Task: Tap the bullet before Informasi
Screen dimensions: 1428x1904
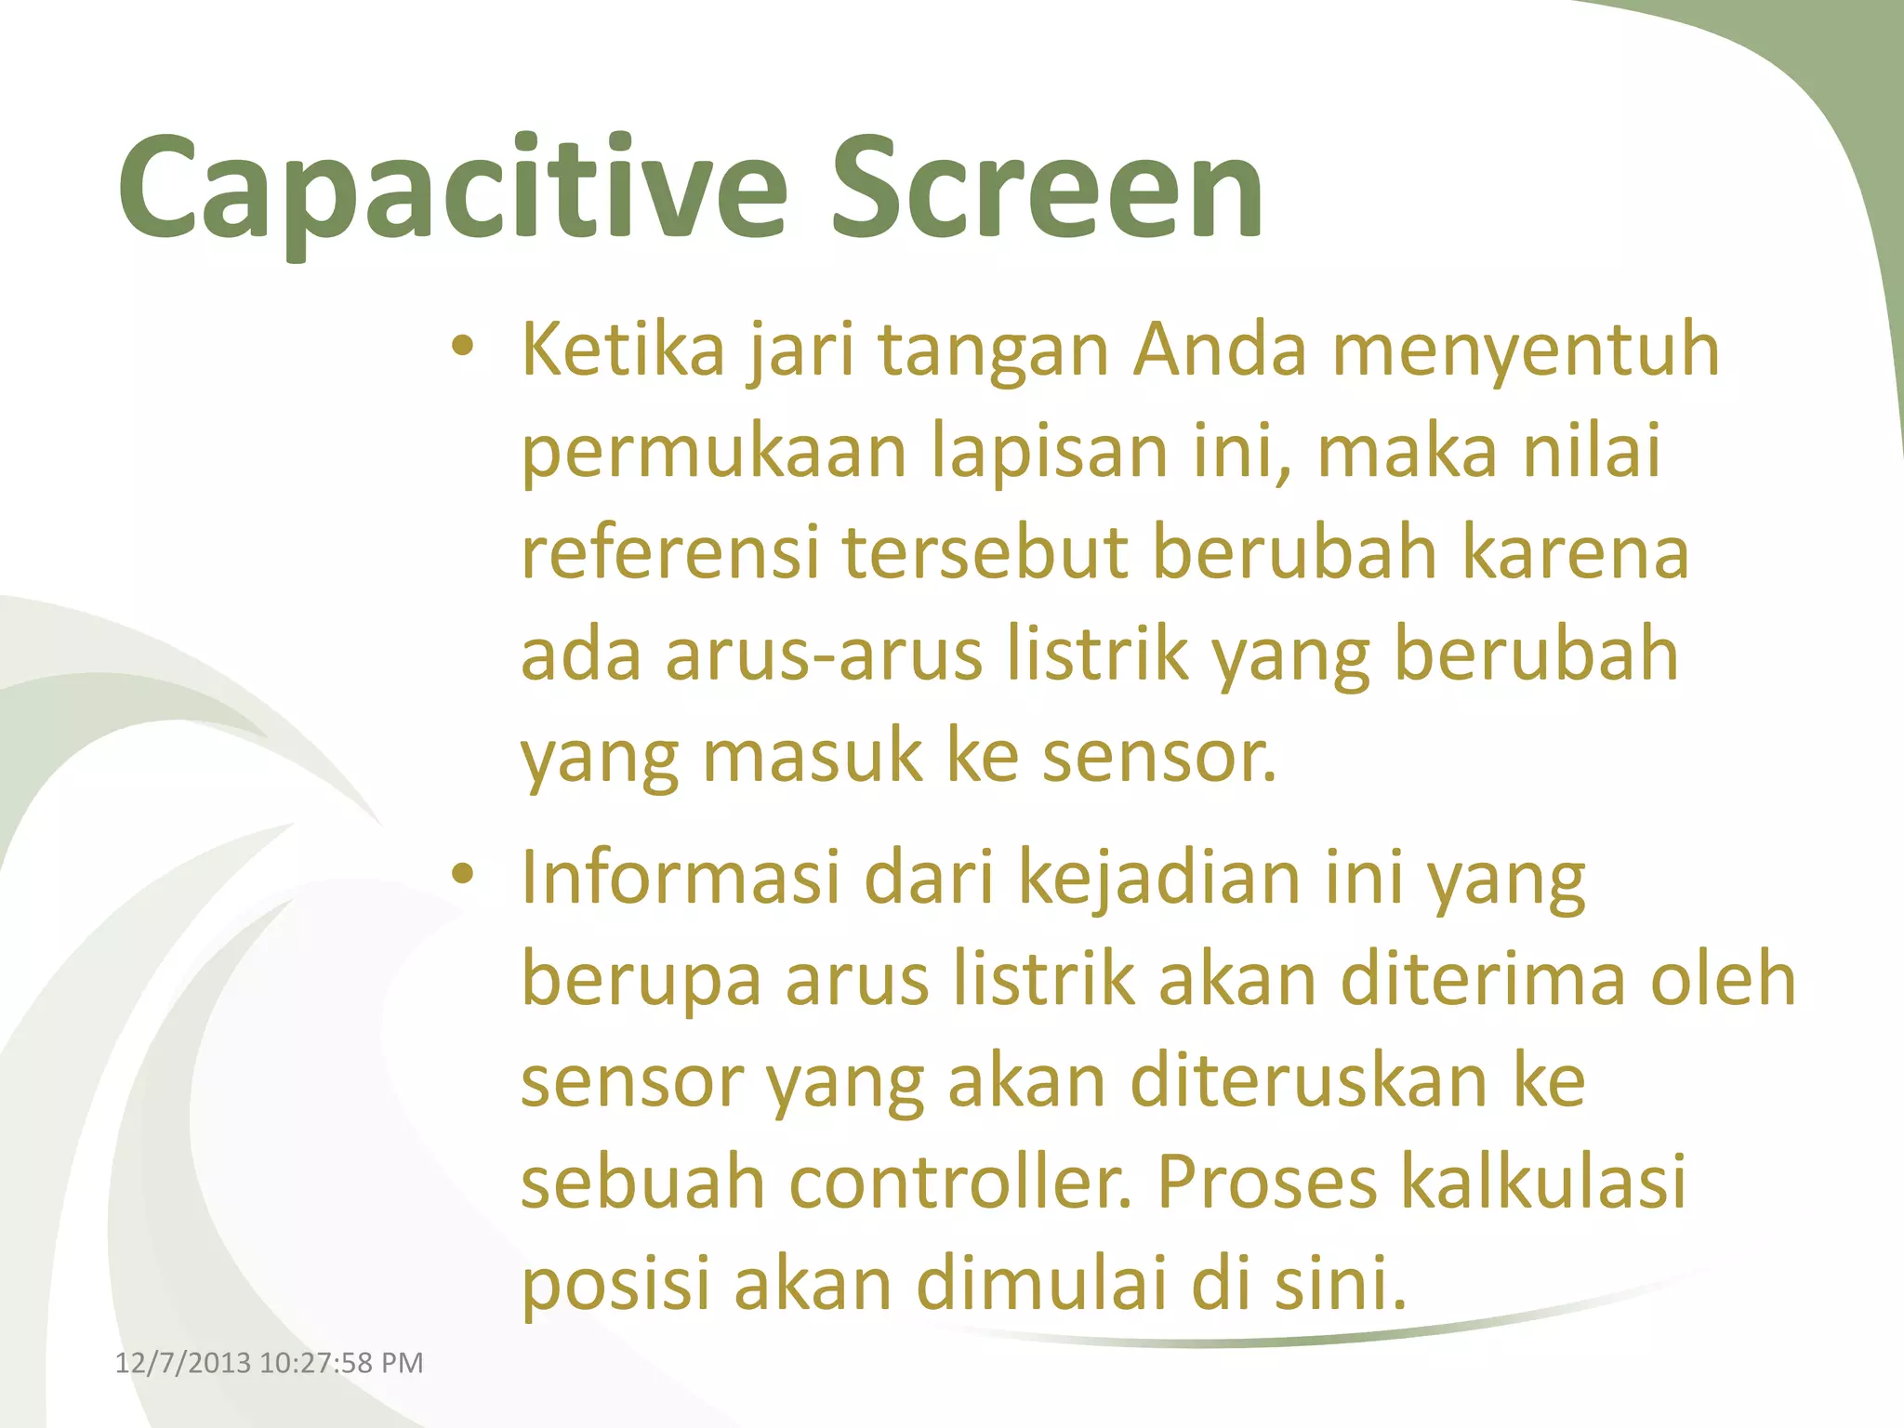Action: (x=462, y=875)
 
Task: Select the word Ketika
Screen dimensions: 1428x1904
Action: (x=623, y=350)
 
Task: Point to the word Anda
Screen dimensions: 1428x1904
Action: (x=1220, y=350)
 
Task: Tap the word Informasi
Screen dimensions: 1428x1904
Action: (x=681, y=877)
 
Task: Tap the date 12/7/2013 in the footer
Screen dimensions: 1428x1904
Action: (x=182, y=1363)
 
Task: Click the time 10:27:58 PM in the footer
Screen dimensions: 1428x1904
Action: (x=341, y=1363)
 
